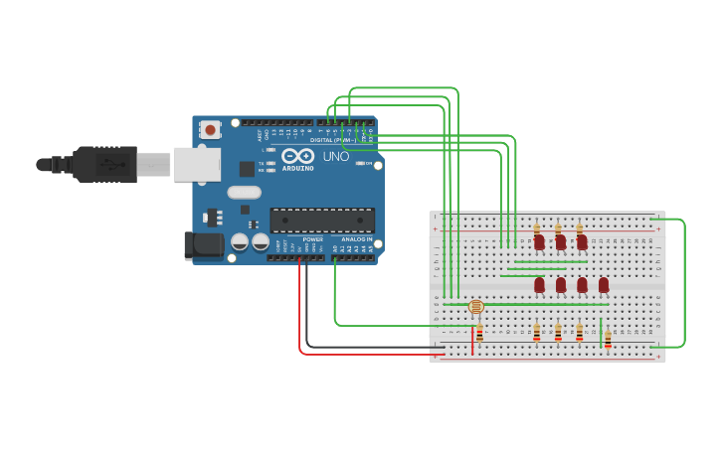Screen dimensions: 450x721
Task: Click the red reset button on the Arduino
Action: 210,129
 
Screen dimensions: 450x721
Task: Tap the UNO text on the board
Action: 336,156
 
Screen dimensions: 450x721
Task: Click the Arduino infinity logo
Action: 297,155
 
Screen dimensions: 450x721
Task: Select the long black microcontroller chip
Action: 322,221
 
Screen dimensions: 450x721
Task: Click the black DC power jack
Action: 205,244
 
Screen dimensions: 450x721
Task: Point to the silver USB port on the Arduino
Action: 196,164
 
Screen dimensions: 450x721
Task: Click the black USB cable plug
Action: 104,164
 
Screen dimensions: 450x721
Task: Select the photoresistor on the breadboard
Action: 476,307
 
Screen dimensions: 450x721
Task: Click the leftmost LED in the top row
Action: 539,241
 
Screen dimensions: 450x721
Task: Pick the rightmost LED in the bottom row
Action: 604,285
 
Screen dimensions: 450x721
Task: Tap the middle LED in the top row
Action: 561,241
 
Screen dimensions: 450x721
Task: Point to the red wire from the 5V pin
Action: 300,318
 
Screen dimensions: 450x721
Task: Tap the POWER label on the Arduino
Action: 312,239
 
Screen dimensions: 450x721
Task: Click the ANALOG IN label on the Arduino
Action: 357,239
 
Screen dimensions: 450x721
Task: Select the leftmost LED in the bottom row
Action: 539,285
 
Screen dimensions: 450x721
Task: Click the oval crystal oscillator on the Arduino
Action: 244,193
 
